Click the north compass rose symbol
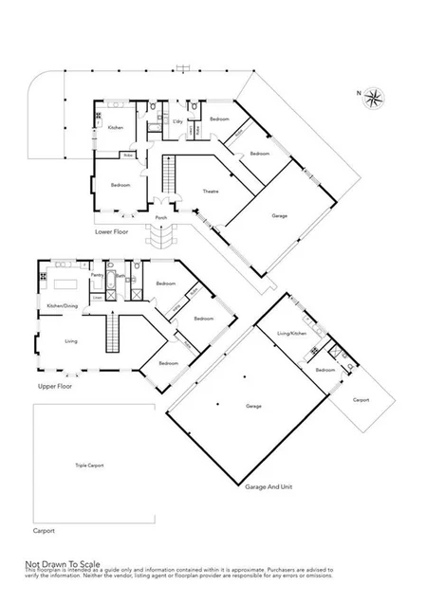point(376,95)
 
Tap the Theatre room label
point(211,192)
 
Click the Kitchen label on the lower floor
point(115,127)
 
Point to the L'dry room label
point(177,121)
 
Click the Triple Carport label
point(88,466)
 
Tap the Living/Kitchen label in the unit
point(292,334)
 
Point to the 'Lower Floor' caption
point(112,230)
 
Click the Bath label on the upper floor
point(120,276)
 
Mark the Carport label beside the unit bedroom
point(361,399)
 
